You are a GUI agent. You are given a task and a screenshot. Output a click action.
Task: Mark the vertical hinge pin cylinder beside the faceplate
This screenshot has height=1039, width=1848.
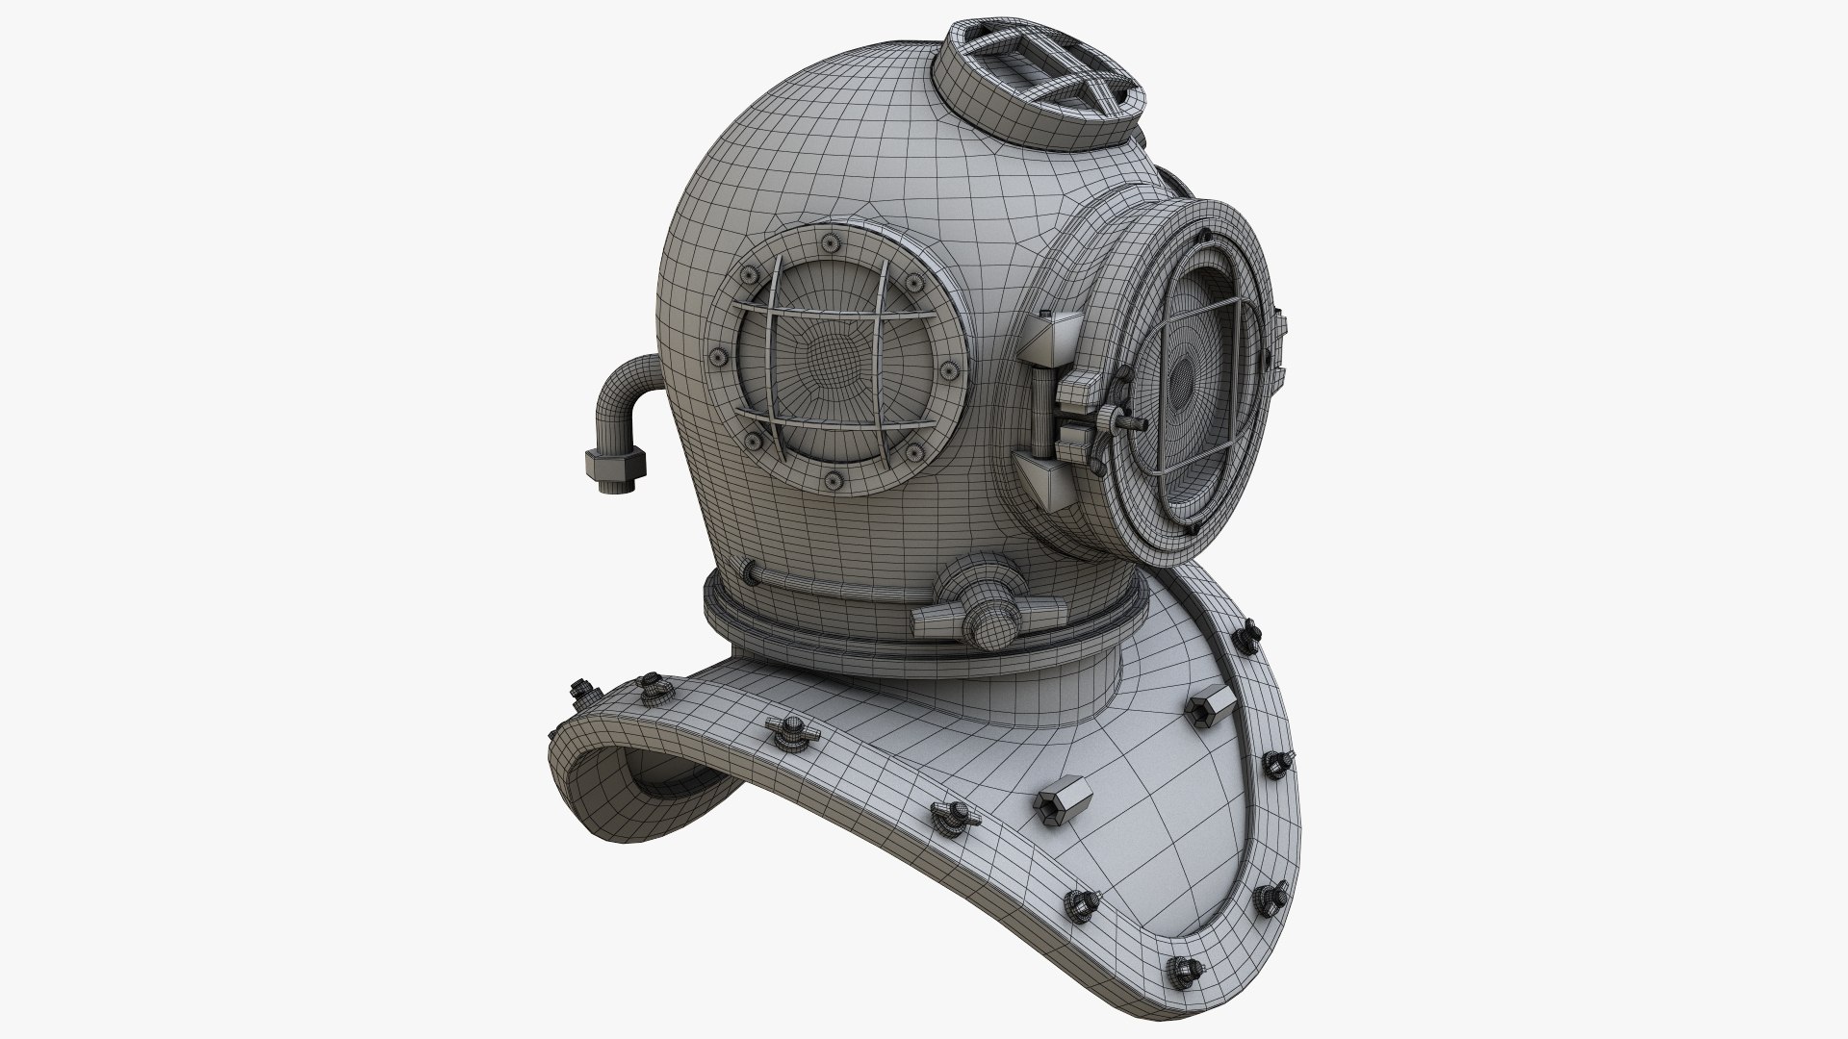1041,405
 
